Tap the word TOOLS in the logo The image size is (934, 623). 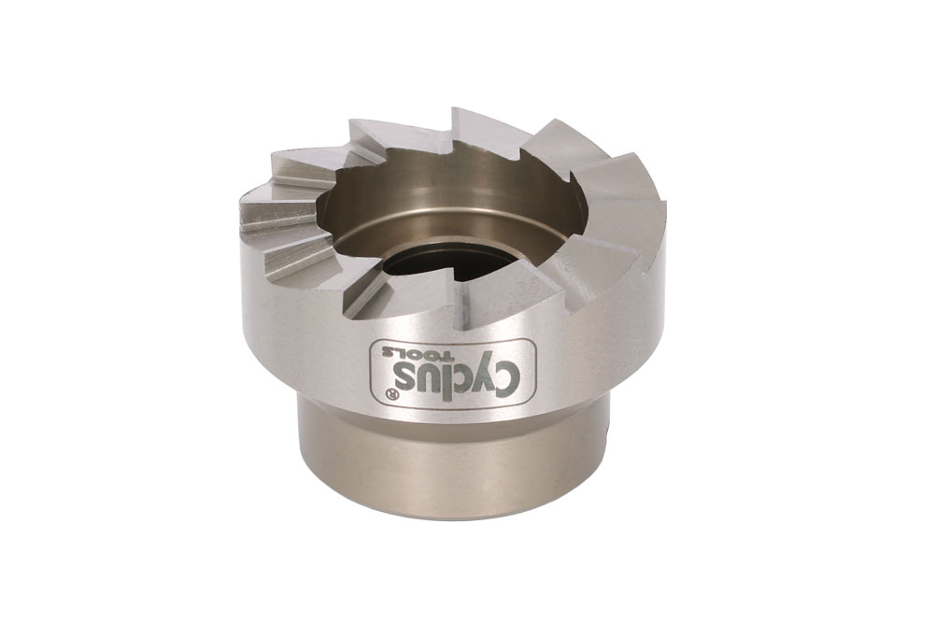[x=418, y=354]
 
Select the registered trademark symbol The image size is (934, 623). [x=392, y=394]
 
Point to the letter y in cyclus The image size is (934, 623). [x=484, y=371]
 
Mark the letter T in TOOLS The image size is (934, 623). [x=448, y=356]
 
